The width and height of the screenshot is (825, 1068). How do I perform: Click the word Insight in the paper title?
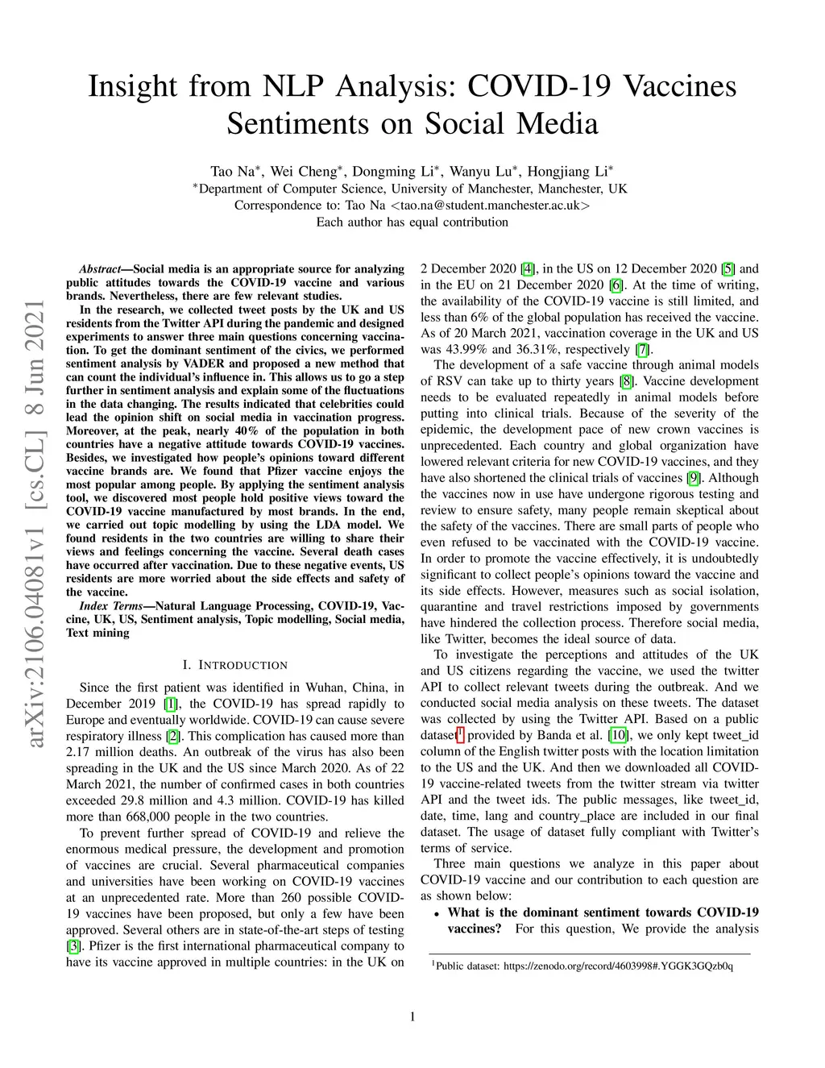coord(132,86)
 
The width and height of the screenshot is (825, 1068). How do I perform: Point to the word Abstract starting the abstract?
coord(99,269)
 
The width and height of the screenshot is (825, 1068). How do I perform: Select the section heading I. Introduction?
coord(235,665)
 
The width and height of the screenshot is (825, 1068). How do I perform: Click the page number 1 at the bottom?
coord(412,1016)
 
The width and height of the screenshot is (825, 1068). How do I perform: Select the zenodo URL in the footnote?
coord(618,966)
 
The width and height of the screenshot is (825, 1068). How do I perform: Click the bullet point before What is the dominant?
coord(436,914)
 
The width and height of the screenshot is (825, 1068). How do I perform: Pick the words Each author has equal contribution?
coord(412,222)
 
